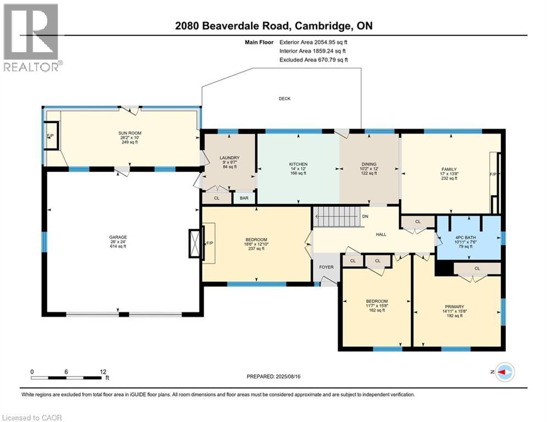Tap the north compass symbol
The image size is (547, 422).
click(x=504, y=373)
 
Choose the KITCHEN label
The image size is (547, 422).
click(x=298, y=164)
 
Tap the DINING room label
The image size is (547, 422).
click(x=369, y=164)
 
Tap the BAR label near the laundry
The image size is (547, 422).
click(x=244, y=198)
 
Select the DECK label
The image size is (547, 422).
click(x=284, y=99)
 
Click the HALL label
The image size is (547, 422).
click(x=380, y=234)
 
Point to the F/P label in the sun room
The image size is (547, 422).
click(x=50, y=135)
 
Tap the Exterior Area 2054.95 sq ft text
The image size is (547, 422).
click(x=313, y=42)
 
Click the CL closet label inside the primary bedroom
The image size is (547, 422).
click(x=477, y=269)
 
